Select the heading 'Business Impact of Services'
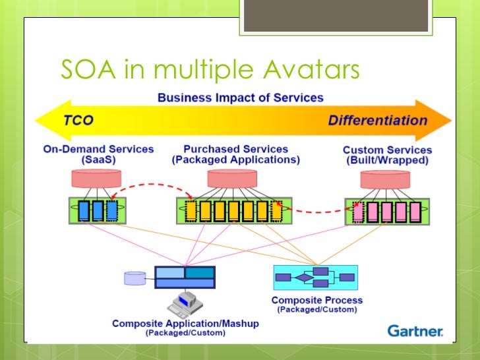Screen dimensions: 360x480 [241, 98]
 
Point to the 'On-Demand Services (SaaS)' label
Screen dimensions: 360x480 [98, 155]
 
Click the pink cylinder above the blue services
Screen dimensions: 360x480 [98, 178]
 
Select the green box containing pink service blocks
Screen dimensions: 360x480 [387, 211]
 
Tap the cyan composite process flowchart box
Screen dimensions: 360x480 [315, 278]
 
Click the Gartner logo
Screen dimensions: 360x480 [415, 330]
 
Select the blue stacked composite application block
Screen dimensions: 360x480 [185, 277]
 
